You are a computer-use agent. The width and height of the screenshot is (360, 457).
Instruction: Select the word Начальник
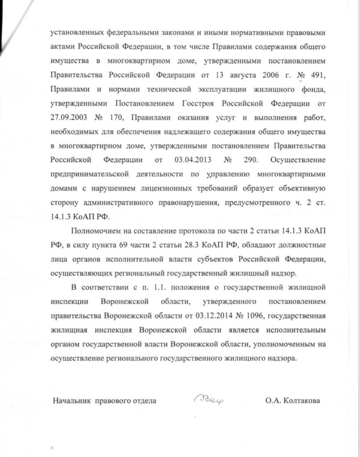[72, 400]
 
